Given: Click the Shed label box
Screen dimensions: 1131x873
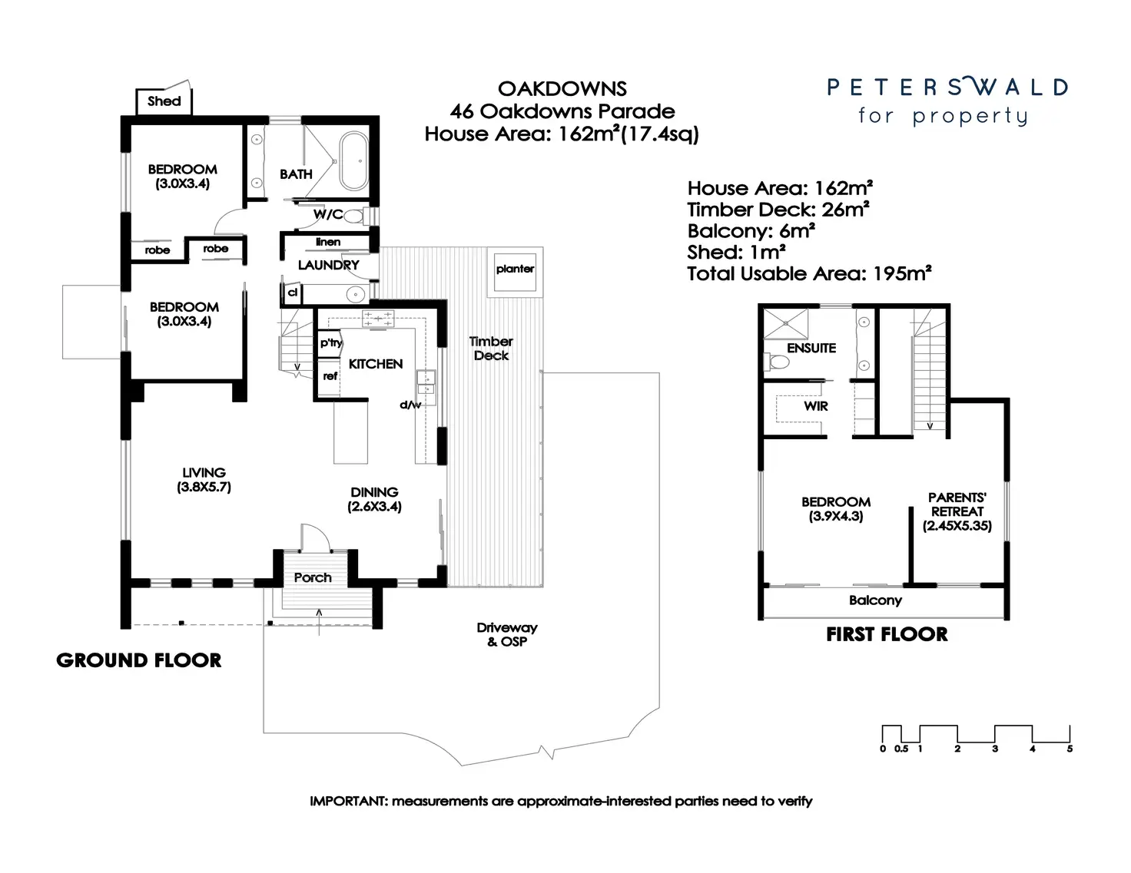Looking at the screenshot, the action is point(164,101).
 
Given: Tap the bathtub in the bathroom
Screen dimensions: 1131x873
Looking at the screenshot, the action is point(354,161).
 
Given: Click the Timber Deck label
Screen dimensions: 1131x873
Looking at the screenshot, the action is point(491,349).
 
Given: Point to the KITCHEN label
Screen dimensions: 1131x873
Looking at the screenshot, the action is point(375,364).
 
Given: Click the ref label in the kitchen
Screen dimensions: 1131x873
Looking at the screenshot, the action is point(330,376).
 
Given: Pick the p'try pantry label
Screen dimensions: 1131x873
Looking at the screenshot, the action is point(330,343).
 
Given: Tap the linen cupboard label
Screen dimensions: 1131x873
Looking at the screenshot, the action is point(328,242).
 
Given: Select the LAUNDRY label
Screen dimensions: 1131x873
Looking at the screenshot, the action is point(328,265).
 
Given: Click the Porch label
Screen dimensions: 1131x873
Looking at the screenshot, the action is point(313,577).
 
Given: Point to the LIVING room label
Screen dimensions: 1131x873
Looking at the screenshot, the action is point(204,473).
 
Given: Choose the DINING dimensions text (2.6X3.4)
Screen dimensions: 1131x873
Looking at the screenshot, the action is point(374,507).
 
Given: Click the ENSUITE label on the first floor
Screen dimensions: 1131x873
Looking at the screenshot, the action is point(811,348).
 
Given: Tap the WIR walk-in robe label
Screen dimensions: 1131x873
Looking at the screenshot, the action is point(816,406).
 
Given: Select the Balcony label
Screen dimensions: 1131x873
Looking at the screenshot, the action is point(875,600).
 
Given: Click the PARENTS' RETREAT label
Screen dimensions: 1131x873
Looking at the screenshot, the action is point(957,504).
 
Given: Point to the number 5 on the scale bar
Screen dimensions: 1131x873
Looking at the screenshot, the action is point(1070,749).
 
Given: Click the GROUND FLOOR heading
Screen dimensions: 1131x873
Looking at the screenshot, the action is point(139,660).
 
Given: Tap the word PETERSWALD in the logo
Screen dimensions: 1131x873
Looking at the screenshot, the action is point(947,88).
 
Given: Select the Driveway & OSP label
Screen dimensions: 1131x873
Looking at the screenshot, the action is point(506,634).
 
